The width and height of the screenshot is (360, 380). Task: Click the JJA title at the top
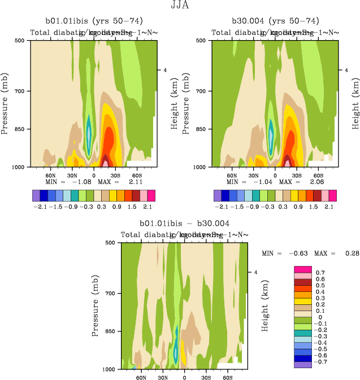click(180, 5)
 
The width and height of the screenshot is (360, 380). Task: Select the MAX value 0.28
click(351, 254)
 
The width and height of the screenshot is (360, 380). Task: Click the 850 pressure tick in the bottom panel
click(110, 331)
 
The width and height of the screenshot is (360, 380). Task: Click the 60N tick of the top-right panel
click(231, 176)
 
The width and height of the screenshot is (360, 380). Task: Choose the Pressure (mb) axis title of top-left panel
click(5, 103)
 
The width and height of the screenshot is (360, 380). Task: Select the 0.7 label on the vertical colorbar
click(320, 272)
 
